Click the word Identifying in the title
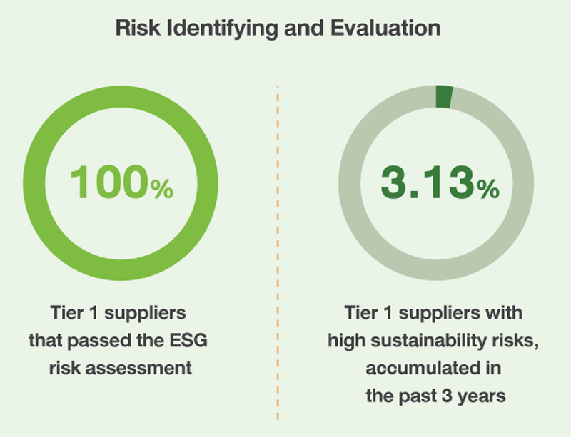[x=223, y=29]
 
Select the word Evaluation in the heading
[x=386, y=28]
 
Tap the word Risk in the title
[x=138, y=28]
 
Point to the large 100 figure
[x=109, y=182]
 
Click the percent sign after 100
[x=162, y=189]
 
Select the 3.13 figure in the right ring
[x=428, y=182]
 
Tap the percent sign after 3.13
[x=488, y=189]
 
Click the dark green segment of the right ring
[x=444, y=97]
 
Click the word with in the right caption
[x=505, y=313]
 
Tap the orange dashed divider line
[x=278, y=253]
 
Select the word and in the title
[x=304, y=28]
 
